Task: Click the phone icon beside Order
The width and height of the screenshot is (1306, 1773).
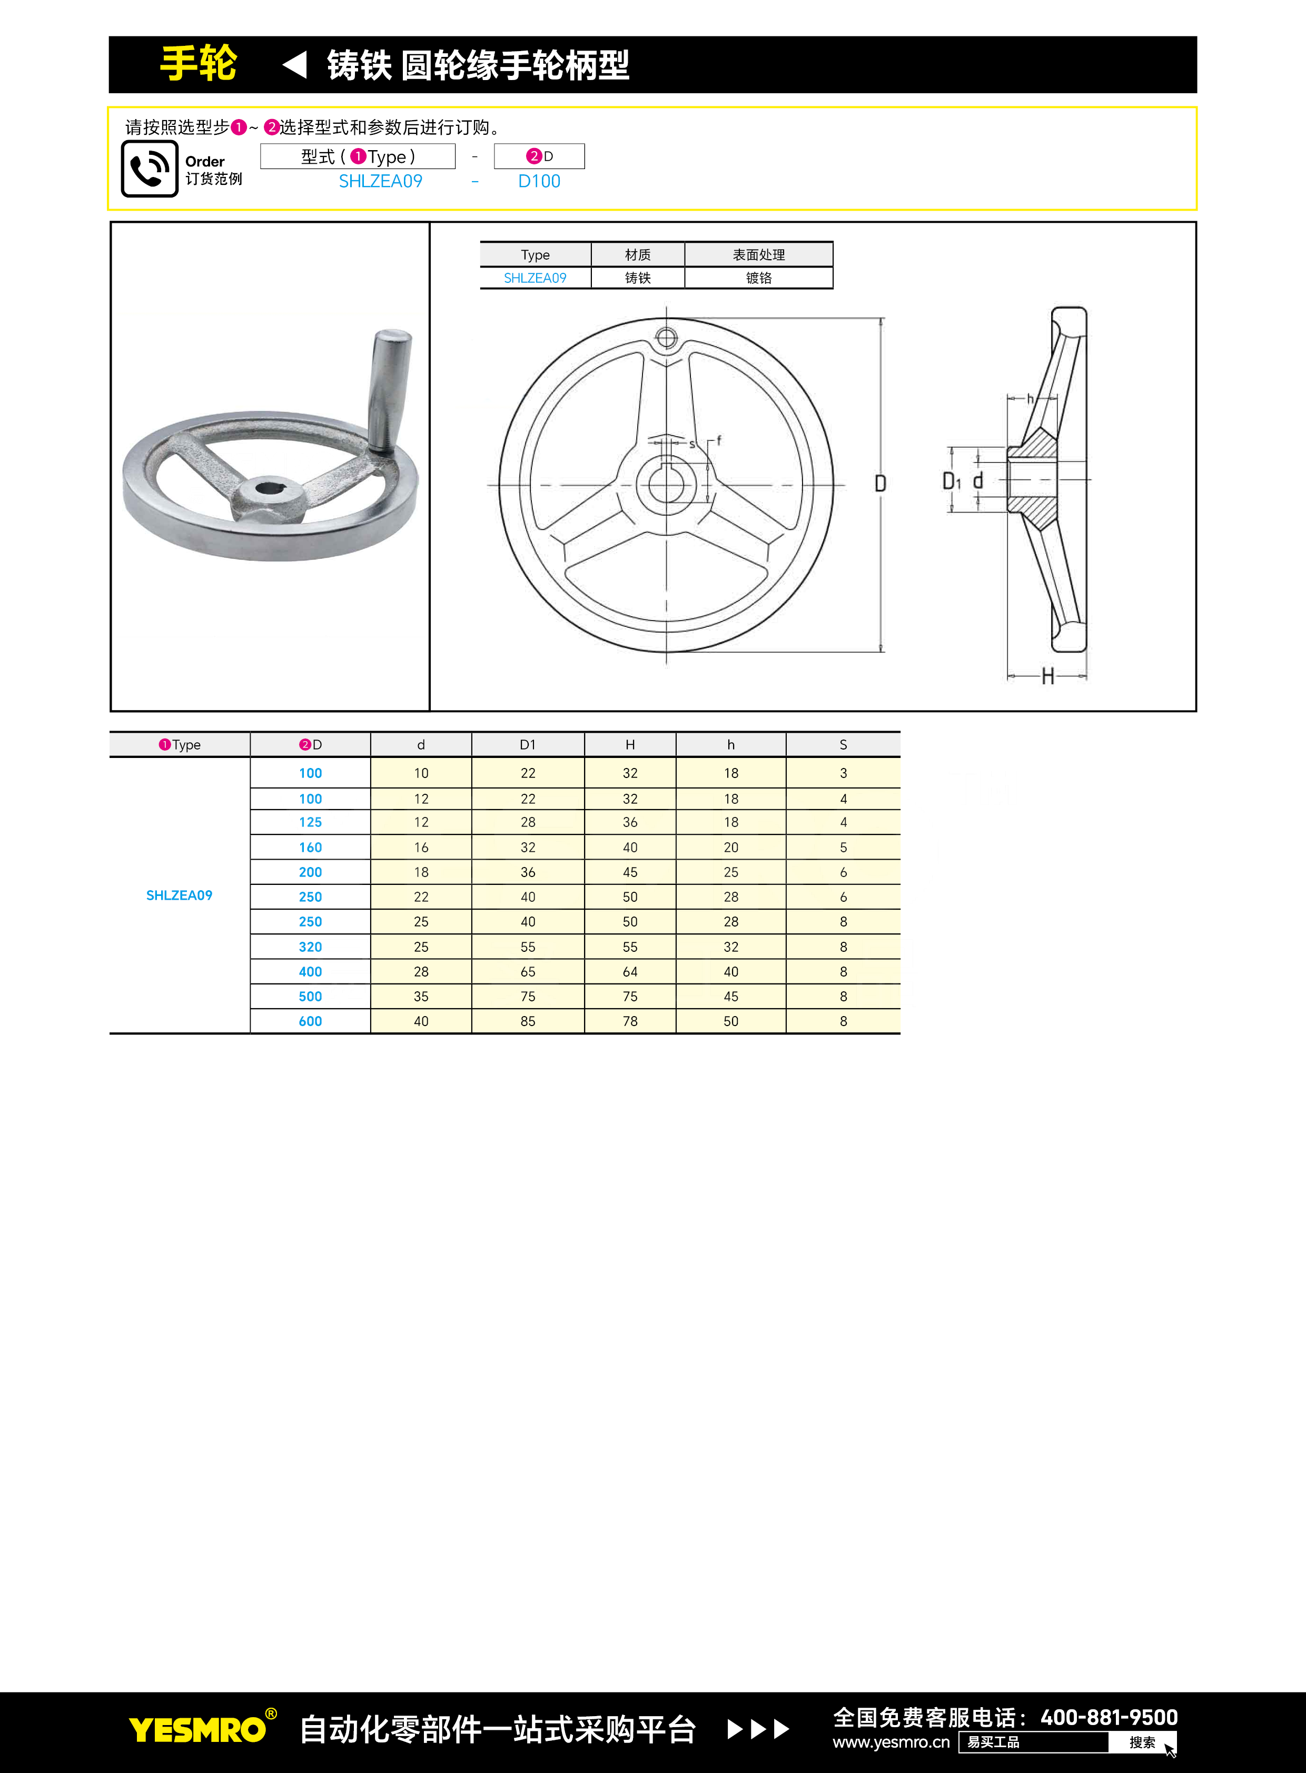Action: pos(150,169)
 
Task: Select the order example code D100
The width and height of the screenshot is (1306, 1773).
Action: pos(539,181)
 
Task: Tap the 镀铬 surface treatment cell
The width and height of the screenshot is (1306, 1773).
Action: pos(758,278)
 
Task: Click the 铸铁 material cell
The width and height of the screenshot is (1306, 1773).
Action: pos(638,278)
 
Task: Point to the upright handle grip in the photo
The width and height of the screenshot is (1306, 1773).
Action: pos(390,391)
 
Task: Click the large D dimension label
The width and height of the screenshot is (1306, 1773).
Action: pos(880,483)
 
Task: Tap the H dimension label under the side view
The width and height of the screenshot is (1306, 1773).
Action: pos(1047,676)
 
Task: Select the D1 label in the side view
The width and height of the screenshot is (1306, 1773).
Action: pos(952,481)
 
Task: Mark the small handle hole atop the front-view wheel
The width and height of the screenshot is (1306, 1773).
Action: pos(667,339)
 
